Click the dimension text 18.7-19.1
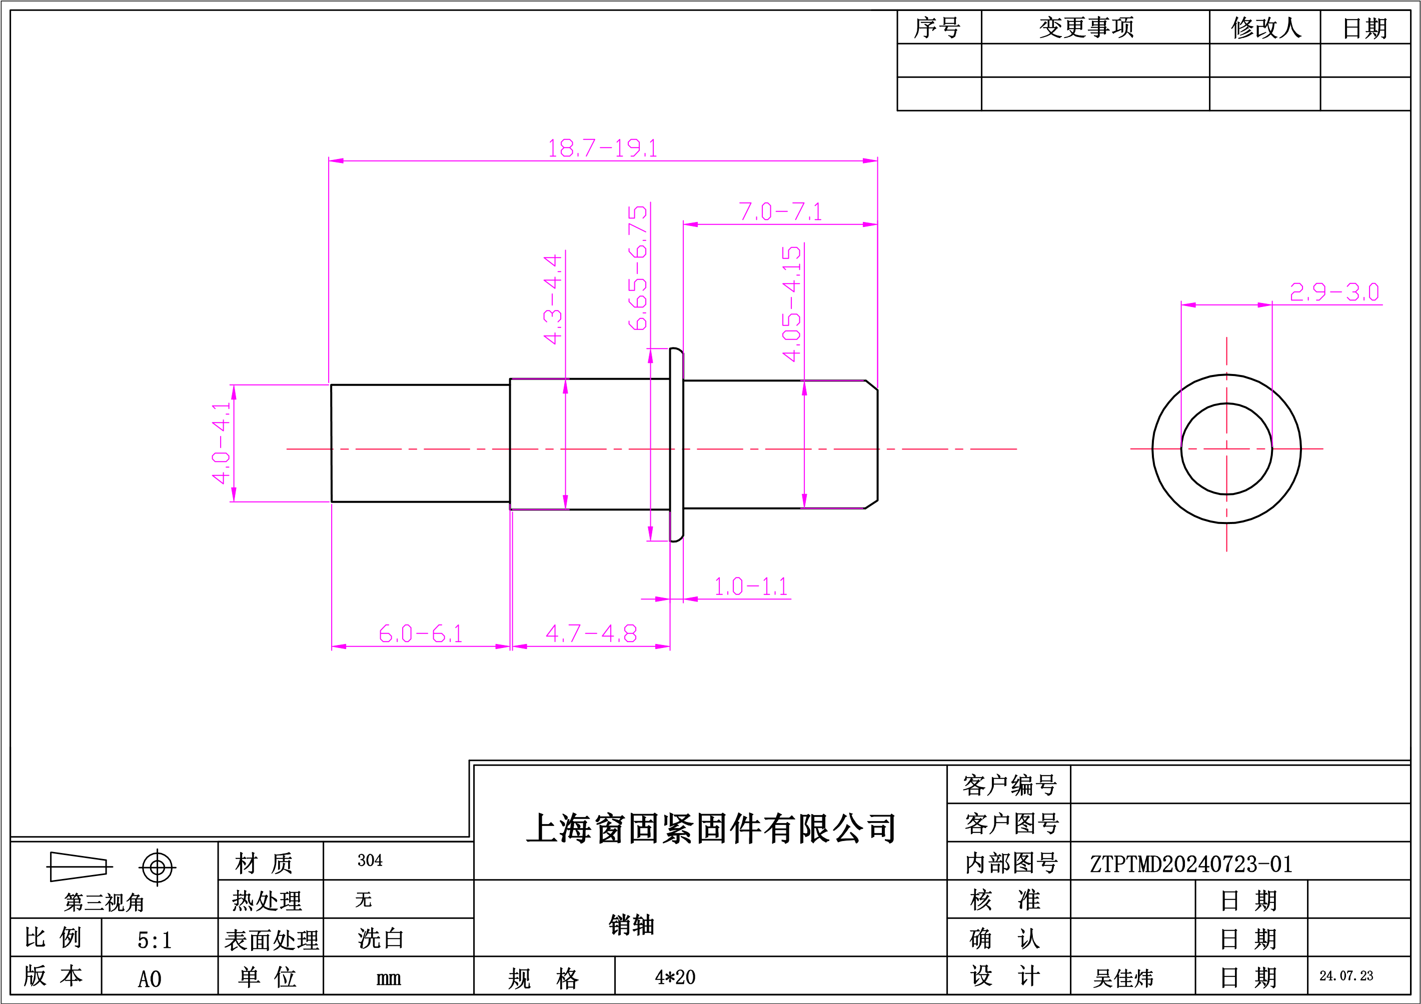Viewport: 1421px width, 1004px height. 602,148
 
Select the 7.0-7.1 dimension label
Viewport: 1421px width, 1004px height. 780,212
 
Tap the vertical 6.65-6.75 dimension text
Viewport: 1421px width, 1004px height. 638,268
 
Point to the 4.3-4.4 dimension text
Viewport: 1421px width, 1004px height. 553,299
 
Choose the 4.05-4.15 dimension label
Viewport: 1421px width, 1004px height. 792,303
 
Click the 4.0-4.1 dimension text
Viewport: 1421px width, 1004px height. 221,443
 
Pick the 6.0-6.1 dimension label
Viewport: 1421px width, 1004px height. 420,634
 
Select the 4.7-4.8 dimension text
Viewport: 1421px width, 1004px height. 591,634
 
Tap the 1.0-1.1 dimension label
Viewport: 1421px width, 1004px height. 751,586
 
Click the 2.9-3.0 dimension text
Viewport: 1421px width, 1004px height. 1334,292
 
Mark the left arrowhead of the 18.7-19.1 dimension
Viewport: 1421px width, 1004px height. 336,161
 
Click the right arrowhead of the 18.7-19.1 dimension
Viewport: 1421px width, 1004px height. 870,161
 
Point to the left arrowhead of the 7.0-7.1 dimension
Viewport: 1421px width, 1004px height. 691,224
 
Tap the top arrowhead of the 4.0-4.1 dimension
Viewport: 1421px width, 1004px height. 234,392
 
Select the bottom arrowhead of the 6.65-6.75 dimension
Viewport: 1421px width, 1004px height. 650,533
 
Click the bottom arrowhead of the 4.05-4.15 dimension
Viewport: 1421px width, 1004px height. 805,501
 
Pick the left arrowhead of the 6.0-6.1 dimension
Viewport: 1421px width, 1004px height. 339,647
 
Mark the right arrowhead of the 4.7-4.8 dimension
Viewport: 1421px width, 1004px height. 663,647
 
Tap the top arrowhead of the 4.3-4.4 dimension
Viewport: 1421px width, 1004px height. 566,386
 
